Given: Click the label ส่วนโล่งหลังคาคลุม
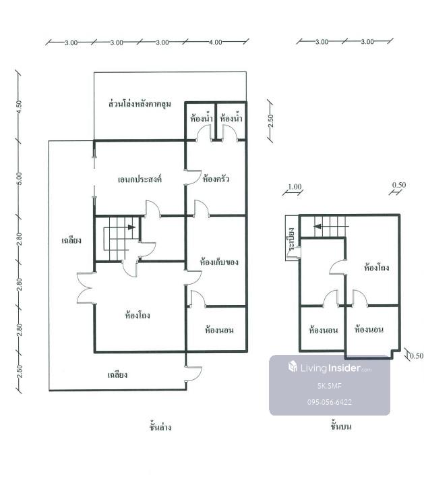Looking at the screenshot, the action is click(140, 104).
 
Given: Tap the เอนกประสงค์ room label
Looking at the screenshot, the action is click(140, 179).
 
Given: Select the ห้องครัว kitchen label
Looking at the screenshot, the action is click(216, 179).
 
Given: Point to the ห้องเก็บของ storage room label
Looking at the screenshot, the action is click(218, 262).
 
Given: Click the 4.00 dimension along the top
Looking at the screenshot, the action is click(216, 42).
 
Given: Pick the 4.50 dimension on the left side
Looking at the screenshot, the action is click(19, 107).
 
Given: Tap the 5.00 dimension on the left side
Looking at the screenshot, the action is click(19, 178).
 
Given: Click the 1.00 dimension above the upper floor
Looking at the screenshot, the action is click(295, 187).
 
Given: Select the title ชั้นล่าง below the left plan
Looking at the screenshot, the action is click(160, 427).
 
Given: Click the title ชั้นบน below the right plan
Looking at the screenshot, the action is click(341, 426).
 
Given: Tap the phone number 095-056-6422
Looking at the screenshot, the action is click(330, 402).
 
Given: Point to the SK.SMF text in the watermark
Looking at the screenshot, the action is click(330, 386).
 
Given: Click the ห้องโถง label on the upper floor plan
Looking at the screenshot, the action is click(376, 266).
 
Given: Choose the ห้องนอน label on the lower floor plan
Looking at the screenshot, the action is click(219, 331).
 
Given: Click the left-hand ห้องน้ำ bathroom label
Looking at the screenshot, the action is click(202, 117).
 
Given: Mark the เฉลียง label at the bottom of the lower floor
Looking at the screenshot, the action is click(117, 374).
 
